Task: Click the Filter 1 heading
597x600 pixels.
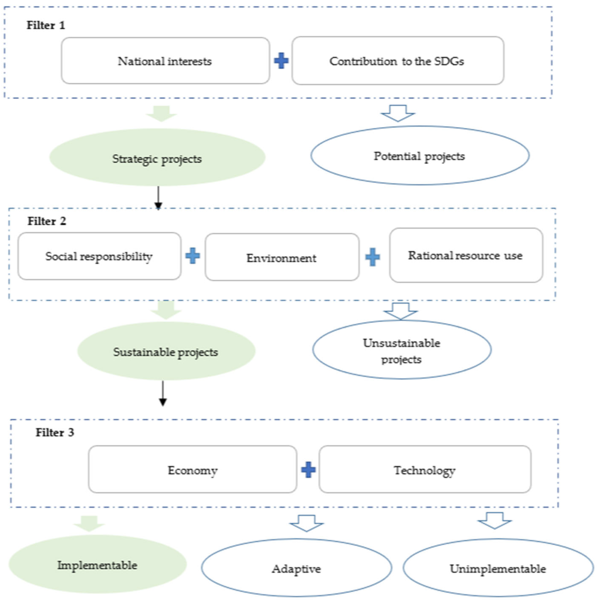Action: click(x=46, y=25)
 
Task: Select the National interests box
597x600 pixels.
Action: click(x=165, y=61)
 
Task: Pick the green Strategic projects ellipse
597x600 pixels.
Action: click(x=157, y=158)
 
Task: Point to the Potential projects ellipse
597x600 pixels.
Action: click(x=420, y=156)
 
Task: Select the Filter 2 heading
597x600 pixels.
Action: click(x=47, y=221)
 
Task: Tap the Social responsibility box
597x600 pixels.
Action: click(x=99, y=256)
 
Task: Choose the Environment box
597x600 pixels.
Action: click(x=282, y=257)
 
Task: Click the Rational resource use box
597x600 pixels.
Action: click(x=466, y=255)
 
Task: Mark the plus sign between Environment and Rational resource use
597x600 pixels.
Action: click(x=373, y=257)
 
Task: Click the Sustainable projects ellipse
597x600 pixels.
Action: click(x=166, y=351)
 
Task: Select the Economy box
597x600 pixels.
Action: click(x=193, y=470)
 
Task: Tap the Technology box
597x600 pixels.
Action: click(x=425, y=470)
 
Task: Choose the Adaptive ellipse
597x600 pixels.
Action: click(x=296, y=568)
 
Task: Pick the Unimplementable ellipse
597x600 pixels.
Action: click(x=498, y=568)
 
